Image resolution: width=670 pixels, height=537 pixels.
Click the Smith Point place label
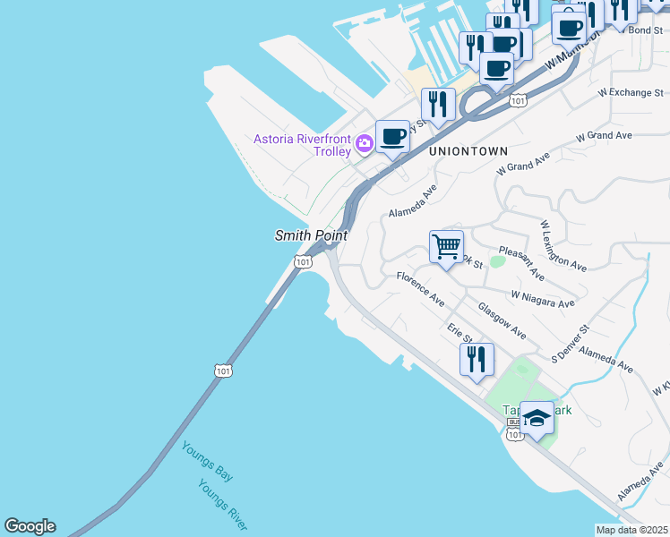pos(310,235)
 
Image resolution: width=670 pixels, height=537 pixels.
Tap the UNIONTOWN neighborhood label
pos(468,152)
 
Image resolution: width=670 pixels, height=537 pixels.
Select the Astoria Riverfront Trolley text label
pos(302,145)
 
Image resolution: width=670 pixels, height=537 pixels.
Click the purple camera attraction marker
pos(365,142)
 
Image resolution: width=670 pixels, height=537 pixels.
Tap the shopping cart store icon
pos(446,246)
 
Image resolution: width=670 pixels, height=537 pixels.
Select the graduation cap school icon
pos(537,418)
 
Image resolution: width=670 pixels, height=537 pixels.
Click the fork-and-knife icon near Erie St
pos(477,359)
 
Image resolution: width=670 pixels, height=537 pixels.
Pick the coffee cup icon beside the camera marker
pos(392,137)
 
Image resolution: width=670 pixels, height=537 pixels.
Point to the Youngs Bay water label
pos(207,462)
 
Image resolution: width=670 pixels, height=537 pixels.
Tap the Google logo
pos(30,526)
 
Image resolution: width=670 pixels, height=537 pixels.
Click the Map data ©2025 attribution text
pos(631,530)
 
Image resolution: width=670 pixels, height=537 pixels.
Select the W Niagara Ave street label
pos(543,299)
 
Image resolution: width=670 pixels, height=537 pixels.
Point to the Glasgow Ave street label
pos(502,320)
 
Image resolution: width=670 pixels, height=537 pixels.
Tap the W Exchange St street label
pos(631,92)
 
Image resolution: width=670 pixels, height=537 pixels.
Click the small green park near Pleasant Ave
pos(497,261)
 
